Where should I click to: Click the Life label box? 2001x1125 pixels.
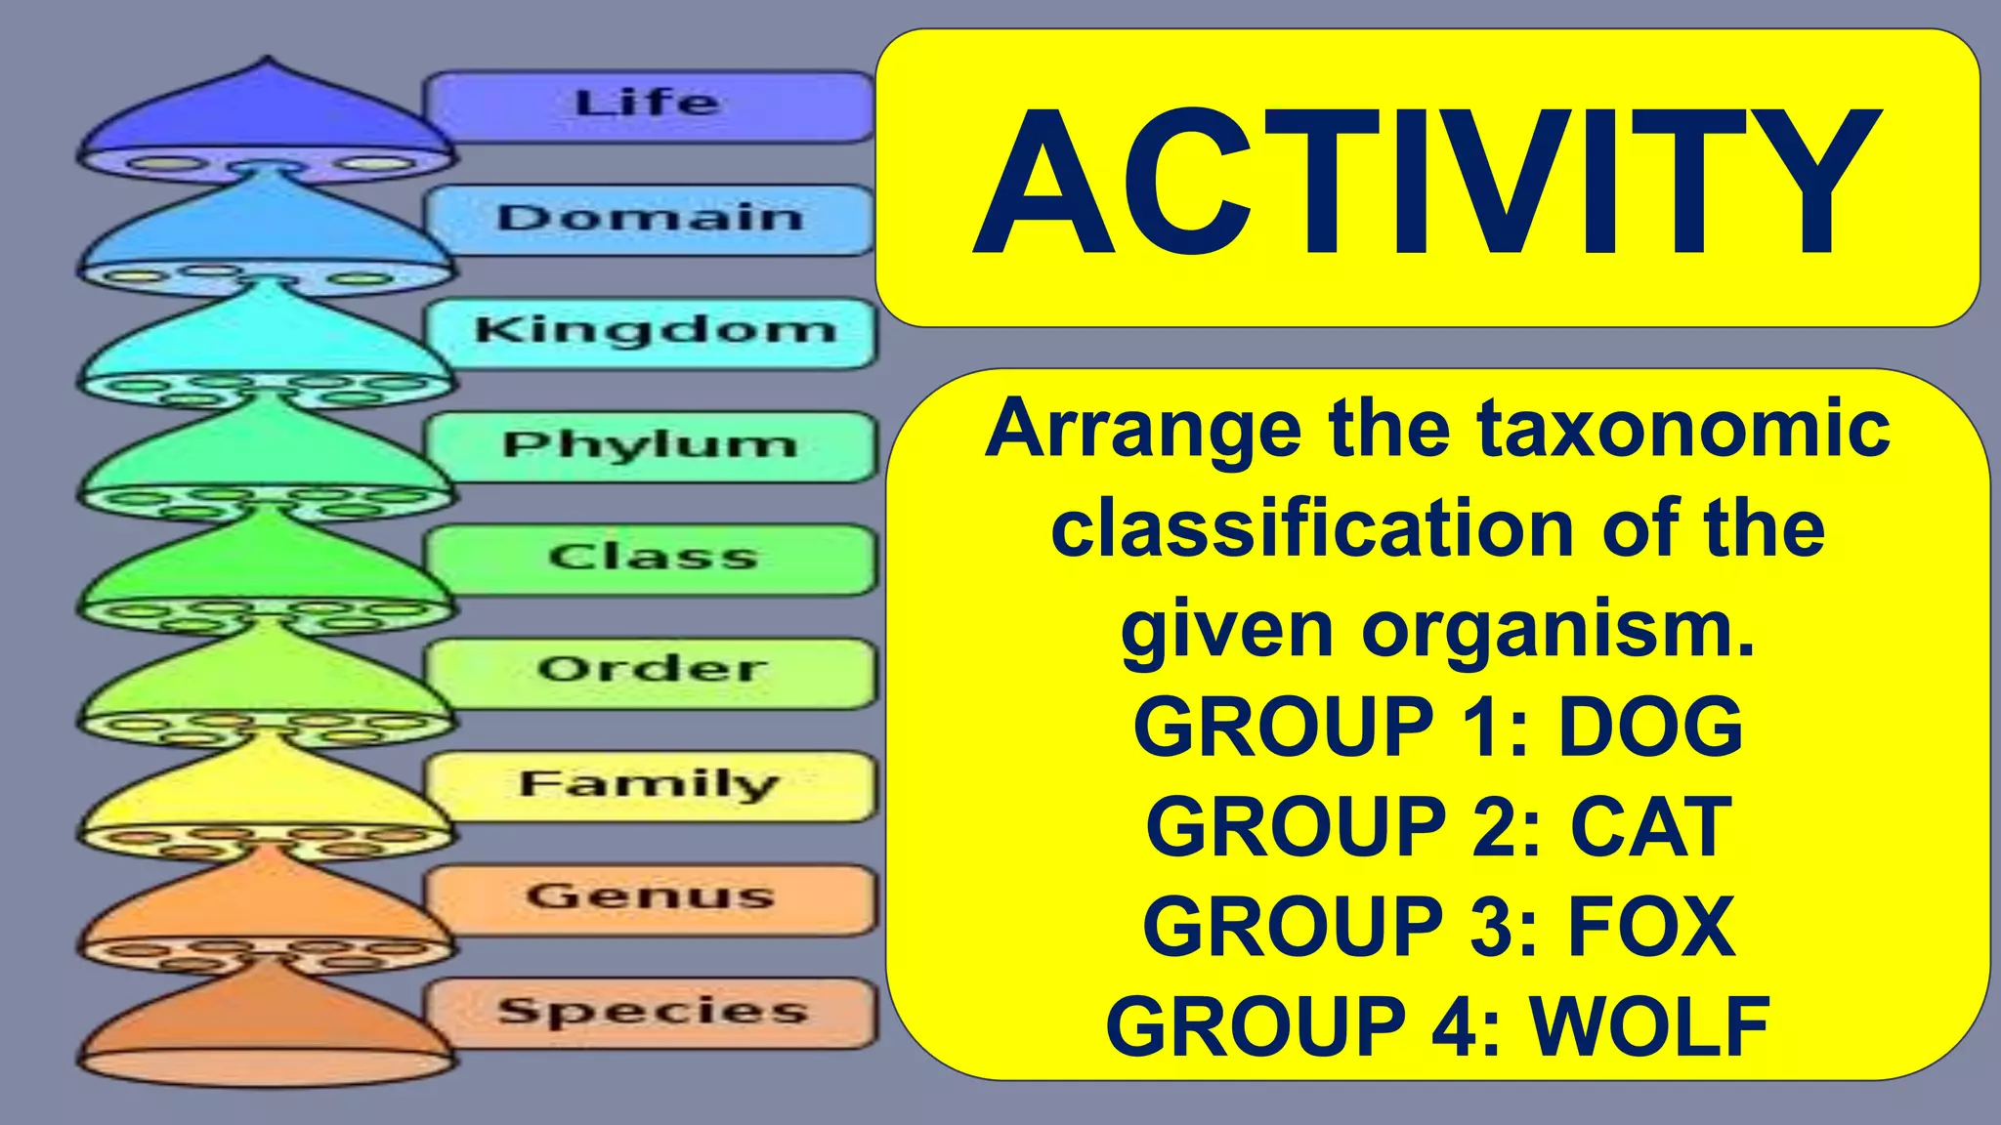(x=649, y=105)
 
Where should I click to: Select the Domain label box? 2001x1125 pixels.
(x=649, y=219)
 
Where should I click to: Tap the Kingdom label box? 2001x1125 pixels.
(x=653, y=332)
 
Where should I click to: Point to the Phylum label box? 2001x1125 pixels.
(x=651, y=446)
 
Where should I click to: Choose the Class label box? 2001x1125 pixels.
(x=653, y=559)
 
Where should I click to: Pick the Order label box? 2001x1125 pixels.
(x=653, y=672)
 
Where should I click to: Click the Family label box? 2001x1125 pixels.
(x=651, y=785)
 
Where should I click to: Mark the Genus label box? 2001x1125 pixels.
(x=653, y=898)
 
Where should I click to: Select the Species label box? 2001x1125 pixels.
(x=653, y=1012)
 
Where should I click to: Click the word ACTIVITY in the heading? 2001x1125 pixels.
(x=1426, y=182)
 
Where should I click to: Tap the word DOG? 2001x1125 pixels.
(x=1650, y=727)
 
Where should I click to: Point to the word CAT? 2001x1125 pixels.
(x=1651, y=827)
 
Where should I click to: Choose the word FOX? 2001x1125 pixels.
(x=1651, y=927)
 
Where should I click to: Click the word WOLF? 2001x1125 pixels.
(x=1650, y=1026)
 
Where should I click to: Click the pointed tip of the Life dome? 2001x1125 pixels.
(x=267, y=61)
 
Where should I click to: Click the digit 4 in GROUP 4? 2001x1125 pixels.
(x=1455, y=1026)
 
